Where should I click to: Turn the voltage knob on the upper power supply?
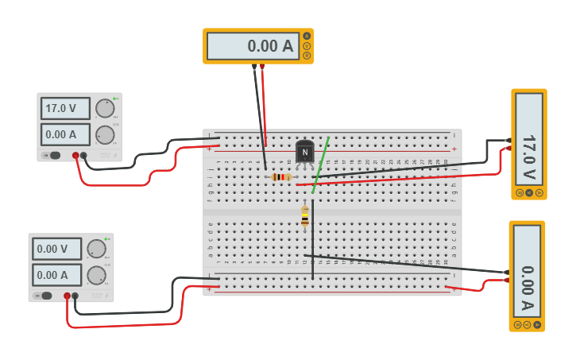point(104,109)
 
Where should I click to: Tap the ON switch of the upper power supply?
point(53,155)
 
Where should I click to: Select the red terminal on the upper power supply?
point(75,156)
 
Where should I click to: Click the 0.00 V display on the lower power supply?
point(57,249)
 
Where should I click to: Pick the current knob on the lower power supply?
point(96,275)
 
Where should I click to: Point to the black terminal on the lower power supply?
point(75,296)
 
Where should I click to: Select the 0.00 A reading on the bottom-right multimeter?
point(527,271)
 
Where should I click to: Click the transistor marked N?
point(304,152)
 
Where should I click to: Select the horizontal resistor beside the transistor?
point(280,176)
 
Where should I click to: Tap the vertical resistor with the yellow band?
point(305,216)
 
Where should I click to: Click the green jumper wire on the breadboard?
point(320,165)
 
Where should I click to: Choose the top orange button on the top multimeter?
point(307,36)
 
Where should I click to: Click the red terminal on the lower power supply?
point(67,296)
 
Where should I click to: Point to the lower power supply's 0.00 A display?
point(57,275)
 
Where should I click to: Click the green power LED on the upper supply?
point(114,99)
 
